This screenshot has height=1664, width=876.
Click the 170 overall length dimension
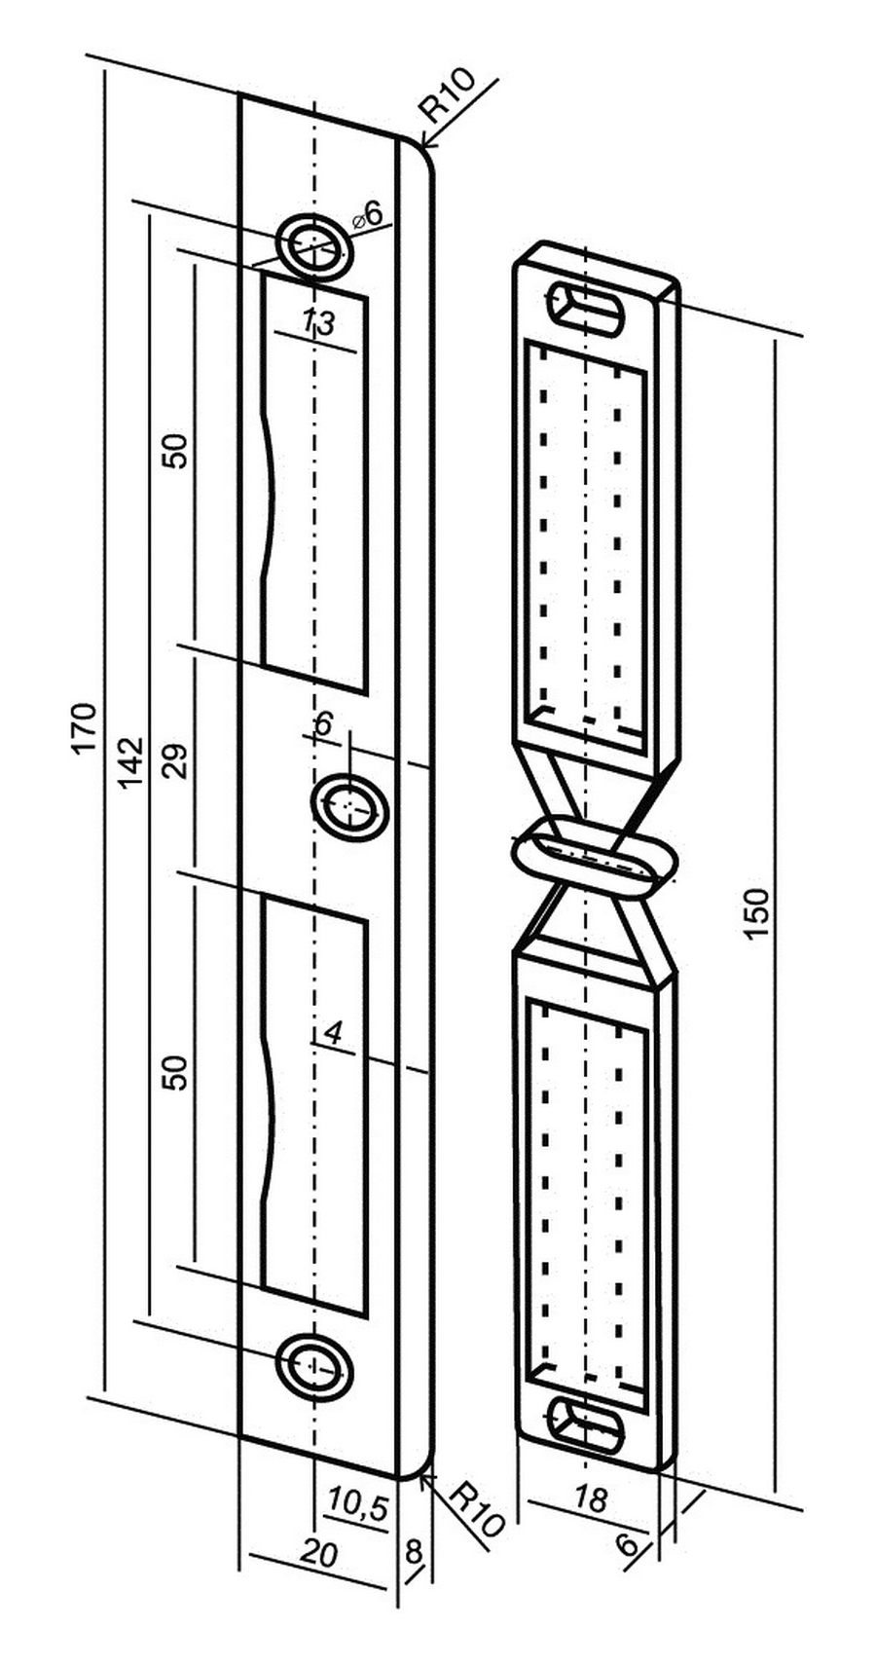click(84, 727)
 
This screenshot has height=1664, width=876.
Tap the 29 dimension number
click(175, 759)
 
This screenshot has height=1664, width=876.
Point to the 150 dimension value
click(757, 913)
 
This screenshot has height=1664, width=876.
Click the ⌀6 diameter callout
click(368, 214)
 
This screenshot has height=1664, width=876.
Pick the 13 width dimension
click(319, 321)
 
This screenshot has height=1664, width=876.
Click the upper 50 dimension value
click(175, 450)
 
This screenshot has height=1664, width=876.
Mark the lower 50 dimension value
click(175, 1072)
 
